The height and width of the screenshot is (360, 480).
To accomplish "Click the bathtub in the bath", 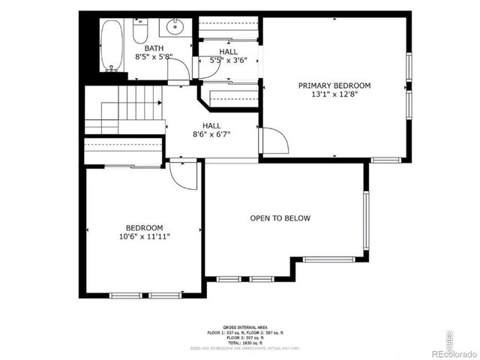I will coord(112,44).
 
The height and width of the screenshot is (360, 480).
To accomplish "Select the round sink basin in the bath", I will coord(174,29).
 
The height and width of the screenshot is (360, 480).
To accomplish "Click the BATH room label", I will coord(154,47).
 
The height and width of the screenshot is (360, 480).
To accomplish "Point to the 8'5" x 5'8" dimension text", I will coord(154,56).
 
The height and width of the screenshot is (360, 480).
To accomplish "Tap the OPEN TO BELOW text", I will coord(280,218).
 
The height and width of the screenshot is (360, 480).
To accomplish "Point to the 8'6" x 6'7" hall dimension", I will coord(211,134).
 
